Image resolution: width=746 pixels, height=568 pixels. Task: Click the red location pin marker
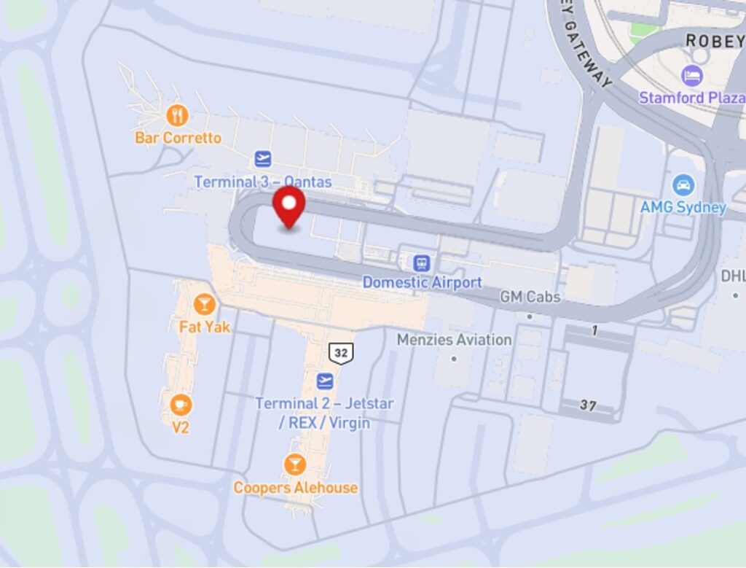coord(290,204)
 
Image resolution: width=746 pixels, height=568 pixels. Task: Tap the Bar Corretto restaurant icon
coord(177,114)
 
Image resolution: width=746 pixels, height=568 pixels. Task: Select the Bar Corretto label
coord(178,138)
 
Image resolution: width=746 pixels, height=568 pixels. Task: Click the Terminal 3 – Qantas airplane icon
coord(263,158)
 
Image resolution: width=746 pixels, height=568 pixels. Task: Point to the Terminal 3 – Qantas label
coord(262,182)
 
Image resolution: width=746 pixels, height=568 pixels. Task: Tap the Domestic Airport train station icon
coord(421,262)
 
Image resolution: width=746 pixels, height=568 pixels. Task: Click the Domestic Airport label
coord(422,282)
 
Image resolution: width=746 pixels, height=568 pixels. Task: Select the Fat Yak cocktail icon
coord(204,303)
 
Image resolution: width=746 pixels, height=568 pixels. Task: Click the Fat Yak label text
coord(204,327)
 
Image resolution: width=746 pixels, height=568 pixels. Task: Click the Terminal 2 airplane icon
coord(325,381)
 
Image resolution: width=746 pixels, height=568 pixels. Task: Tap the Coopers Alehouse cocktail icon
coord(295,464)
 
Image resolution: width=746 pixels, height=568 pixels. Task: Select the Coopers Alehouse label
coord(295,488)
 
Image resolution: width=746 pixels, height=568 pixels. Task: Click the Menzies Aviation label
coord(454,340)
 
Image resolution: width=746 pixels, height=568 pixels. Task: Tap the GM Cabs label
coord(530,297)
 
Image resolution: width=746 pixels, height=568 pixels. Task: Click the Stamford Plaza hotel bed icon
coord(691,74)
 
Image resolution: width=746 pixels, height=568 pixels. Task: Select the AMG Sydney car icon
coord(683,185)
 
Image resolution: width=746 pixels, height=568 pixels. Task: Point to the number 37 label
coord(588,405)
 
